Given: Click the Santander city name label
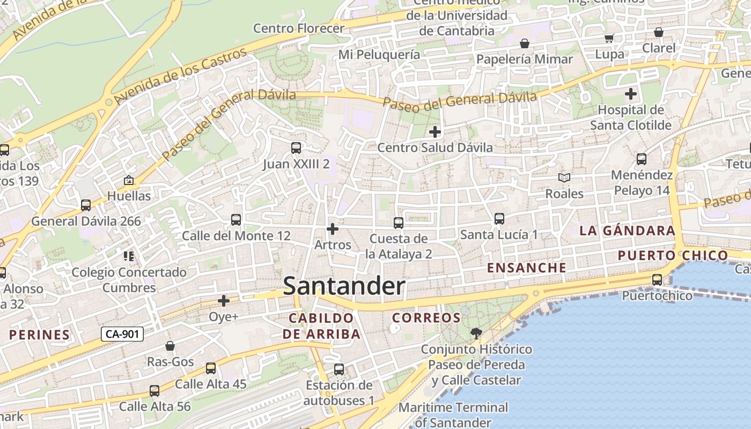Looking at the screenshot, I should [x=344, y=286].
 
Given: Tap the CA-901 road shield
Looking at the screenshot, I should [x=122, y=334].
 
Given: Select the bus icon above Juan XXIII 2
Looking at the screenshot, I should [x=296, y=148].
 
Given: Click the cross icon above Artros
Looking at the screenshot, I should [x=333, y=229].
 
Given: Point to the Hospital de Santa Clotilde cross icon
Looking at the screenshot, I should [x=631, y=94].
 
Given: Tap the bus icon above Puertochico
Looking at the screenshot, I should [x=657, y=279].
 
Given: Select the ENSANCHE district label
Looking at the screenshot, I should [x=526, y=268].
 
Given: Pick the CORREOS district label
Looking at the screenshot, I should [x=426, y=318].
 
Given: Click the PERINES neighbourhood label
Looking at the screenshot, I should [x=40, y=335].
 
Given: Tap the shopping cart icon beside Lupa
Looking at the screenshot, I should [x=609, y=38].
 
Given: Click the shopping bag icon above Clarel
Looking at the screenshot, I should [x=659, y=32].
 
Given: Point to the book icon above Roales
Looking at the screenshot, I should [x=564, y=177].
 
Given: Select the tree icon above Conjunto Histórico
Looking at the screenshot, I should [x=476, y=334].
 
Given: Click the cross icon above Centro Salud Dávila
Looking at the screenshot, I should [x=435, y=131].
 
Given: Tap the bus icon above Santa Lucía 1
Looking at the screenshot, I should [x=499, y=219].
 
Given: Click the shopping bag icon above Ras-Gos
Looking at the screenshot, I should [x=170, y=346].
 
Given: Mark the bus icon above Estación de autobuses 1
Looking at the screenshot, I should [x=339, y=369].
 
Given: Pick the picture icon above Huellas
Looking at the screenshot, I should [x=129, y=180].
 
